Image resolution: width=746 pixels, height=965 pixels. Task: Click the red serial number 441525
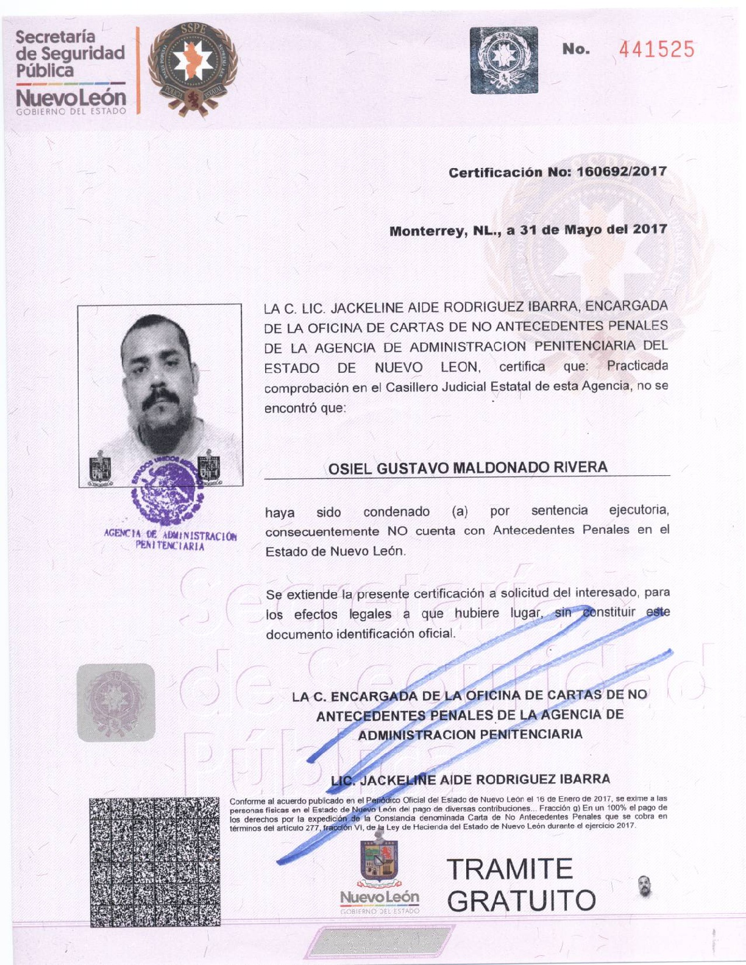pyautogui.click(x=656, y=49)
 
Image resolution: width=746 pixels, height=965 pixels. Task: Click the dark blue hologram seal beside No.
pyautogui.click(x=504, y=60)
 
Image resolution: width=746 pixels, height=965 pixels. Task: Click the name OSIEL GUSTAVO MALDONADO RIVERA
pyautogui.click(x=467, y=468)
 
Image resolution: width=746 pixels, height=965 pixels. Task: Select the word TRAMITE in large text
pyautogui.click(x=510, y=869)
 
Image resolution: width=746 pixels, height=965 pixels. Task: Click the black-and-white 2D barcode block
pyautogui.click(x=155, y=861)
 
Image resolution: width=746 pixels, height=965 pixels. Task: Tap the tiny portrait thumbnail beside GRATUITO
pyautogui.click(x=645, y=886)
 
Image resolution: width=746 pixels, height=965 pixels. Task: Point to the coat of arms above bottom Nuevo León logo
pyautogui.click(x=379, y=861)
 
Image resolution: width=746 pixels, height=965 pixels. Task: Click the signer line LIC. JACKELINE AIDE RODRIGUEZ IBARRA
pyautogui.click(x=470, y=779)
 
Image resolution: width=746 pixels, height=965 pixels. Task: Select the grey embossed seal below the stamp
pyautogui.click(x=116, y=702)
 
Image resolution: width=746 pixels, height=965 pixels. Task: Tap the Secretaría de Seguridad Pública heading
pyautogui.click(x=70, y=54)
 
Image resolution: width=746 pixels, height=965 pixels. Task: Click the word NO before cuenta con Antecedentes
pyautogui.click(x=397, y=531)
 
